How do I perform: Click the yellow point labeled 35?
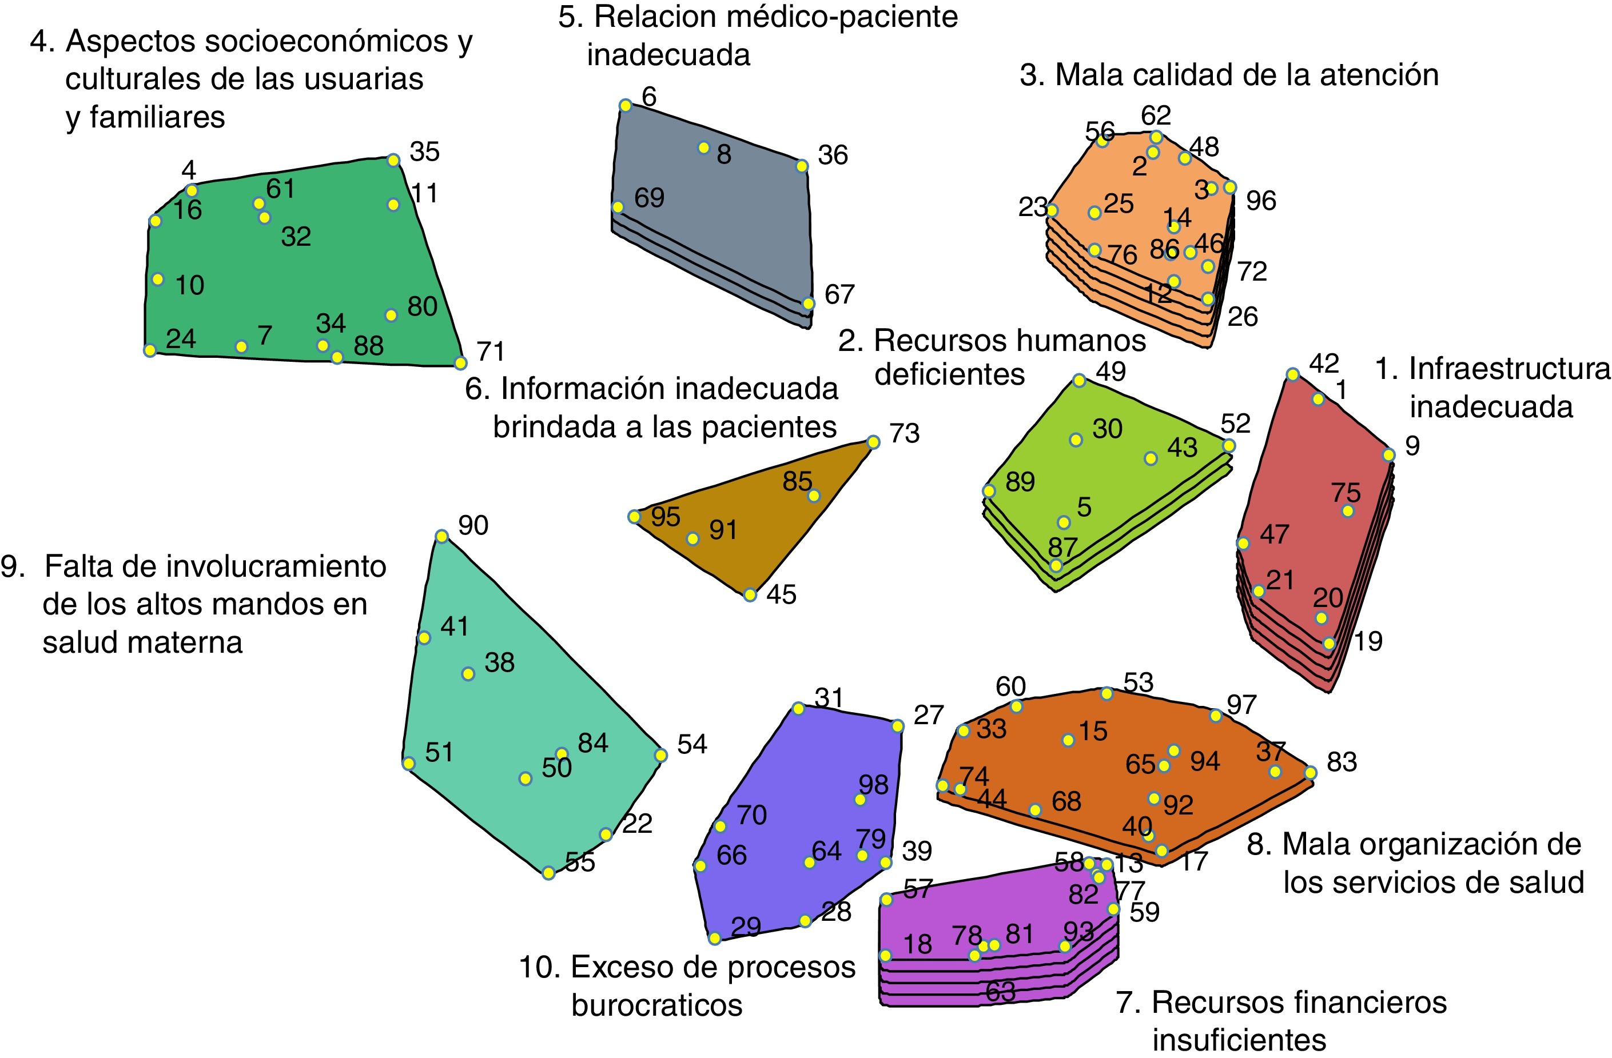tap(393, 161)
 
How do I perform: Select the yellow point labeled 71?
tap(460, 364)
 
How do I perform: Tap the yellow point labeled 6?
tap(626, 106)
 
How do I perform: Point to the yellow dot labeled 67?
tap(808, 304)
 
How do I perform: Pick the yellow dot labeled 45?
tap(750, 595)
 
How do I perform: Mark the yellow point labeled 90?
tap(441, 537)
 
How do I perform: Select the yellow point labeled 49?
tap(1080, 381)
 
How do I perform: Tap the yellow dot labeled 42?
tap(1293, 375)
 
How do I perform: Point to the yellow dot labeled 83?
tap(1311, 773)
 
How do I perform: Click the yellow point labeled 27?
tap(897, 726)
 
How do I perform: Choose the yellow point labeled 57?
tap(886, 900)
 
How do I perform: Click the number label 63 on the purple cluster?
tap(1000, 992)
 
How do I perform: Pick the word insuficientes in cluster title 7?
tap(1239, 1040)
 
